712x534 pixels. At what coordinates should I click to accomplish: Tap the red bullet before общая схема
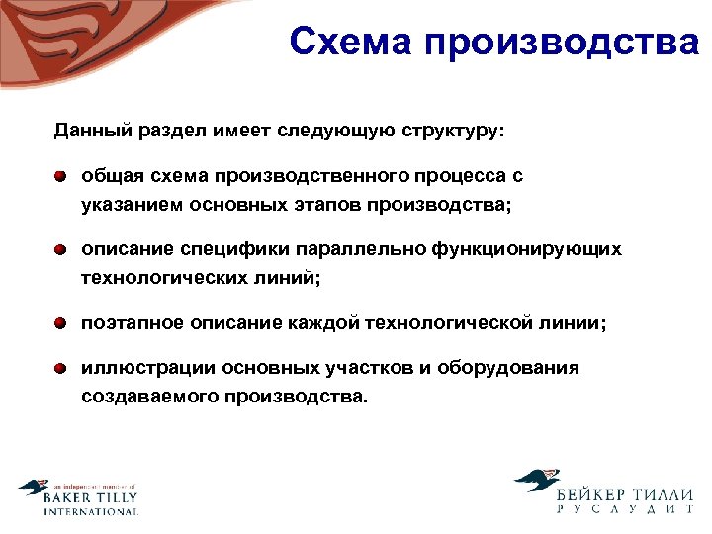[x=61, y=176]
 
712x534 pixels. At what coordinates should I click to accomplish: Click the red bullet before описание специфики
[x=61, y=250]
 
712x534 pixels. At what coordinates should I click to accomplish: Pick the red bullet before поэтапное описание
[x=61, y=323]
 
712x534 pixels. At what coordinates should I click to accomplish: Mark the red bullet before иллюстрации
[x=61, y=368]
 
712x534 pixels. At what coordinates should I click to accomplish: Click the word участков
[x=369, y=368]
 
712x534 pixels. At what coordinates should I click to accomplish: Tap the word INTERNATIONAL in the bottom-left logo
[x=90, y=511]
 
